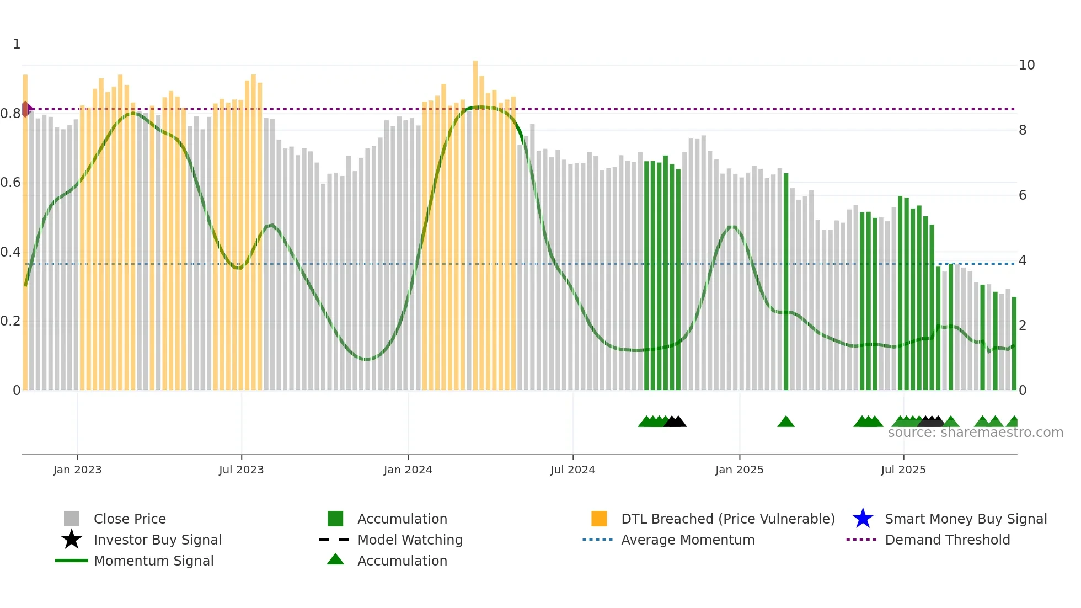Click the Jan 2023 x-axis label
pos(77,470)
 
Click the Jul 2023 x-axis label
pos(241,470)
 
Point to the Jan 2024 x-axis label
pos(408,470)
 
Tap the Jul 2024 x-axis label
pos(572,470)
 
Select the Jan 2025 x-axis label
pos(739,470)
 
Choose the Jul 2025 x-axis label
pos(903,470)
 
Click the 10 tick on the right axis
pos(1026,65)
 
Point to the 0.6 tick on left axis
pos(10,183)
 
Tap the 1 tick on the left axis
pos(17,44)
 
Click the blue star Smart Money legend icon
pos(863,519)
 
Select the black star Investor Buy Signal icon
pos(72,540)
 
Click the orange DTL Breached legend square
pos(599,519)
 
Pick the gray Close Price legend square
pos(72,519)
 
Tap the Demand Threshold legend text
pos(947,540)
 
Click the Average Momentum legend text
pos(688,540)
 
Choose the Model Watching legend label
pos(410,540)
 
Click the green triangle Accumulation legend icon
pos(335,560)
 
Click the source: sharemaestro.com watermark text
pos(975,433)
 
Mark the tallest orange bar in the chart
pos(475,221)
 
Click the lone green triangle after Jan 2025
pos(786,422)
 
